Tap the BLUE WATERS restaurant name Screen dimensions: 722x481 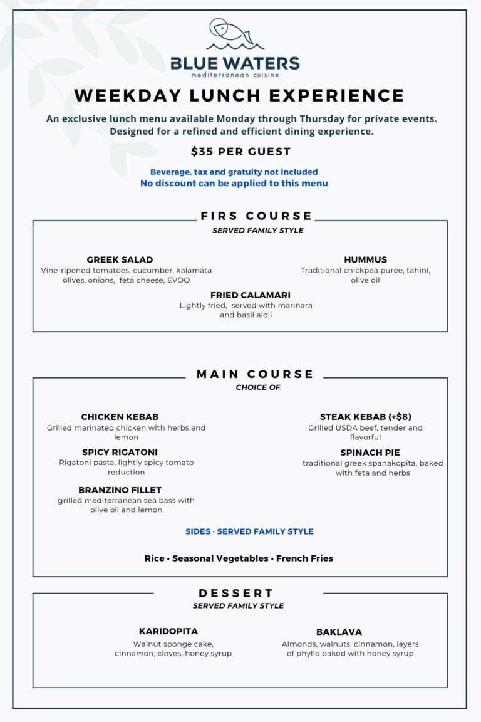point(235,64)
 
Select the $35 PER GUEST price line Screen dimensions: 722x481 point(241,152)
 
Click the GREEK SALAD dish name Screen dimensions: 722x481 point(120,260)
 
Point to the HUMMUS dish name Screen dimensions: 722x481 point(365,260)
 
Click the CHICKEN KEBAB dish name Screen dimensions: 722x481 point(120,417)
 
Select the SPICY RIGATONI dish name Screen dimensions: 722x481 point(120,453)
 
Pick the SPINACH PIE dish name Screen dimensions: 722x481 point(370,453)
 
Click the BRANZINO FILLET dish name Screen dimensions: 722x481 point(120,490)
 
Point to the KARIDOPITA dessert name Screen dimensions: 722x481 point(168,632)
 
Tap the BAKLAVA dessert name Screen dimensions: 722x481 point(339,632)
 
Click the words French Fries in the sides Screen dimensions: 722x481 point(304,558)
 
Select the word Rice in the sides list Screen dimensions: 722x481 point(155,558)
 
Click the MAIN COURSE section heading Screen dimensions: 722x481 point(255,374)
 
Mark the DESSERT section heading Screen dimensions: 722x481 point(237,593)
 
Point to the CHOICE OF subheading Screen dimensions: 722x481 point(257,387)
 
